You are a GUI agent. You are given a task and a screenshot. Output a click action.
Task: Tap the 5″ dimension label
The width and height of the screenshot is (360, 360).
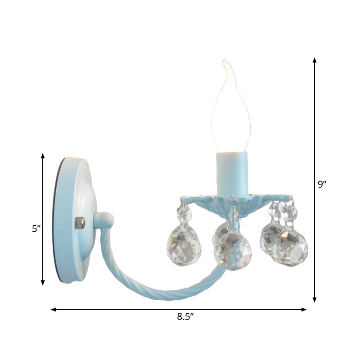(36, 229)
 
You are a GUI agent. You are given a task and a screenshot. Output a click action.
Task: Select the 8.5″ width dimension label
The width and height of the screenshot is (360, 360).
(184, 316)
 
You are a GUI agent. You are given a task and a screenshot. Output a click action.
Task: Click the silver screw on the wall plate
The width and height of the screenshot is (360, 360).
(81, 222)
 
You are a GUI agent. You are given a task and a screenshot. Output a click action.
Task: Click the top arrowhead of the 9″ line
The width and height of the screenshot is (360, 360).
(315, 59)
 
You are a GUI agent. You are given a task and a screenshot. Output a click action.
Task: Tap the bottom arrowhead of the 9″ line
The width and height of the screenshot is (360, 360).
(315, 300)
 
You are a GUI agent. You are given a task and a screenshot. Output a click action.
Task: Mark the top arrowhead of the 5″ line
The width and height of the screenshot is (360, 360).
(43, 156)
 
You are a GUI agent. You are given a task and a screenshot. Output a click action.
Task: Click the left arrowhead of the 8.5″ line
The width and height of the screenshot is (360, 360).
(53, 310)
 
